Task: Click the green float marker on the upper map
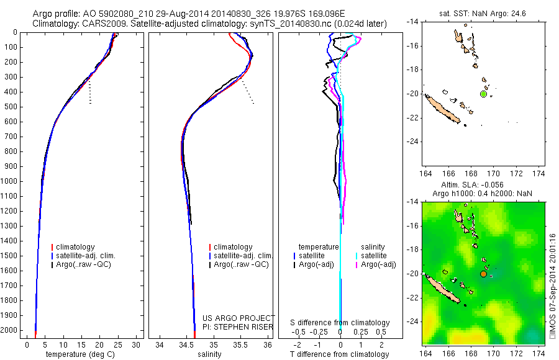[x=483, y=94]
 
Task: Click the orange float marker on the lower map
[x=483, y=274]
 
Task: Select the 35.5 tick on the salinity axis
[x=241, y=344]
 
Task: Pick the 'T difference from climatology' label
[x=340, y=354]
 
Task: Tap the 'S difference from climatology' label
[x=340, y=323]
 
